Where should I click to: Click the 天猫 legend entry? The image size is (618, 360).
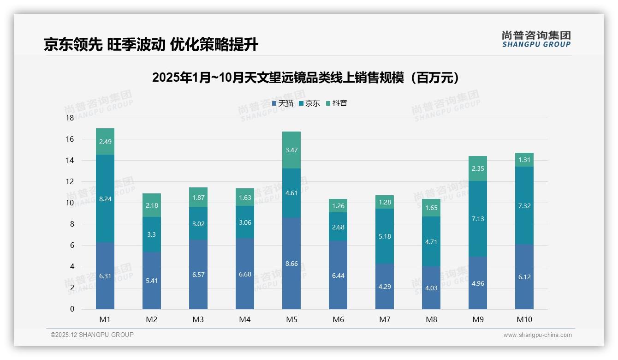pyautogui.click(x=282, y=103)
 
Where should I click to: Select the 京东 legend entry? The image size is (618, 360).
pyautogui.click(x=309, y=103)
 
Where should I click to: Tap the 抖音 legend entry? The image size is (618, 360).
pyautogui.click(x=336, y=103)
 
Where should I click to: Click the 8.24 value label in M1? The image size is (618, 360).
pyautogui.click(x=105, y=199)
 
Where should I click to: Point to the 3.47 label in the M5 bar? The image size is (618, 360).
pyautogui.click(x=291, y=150)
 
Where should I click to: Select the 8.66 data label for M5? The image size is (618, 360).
pyautogui.click(x=291, y=264)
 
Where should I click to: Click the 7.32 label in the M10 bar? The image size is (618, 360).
pyautogui.click(x=524, y=206)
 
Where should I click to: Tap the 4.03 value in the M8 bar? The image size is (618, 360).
pyautogui.click(x=431, y=288)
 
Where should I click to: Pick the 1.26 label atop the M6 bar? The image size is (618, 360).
pyautogui.click(x=338, y=206)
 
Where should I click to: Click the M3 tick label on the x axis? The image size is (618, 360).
pyautogui.click(x=198, y=319)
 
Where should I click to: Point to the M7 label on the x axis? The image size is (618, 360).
pyautogui.click(x=385, y=319)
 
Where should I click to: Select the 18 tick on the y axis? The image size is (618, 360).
pyautogui.click(x=70, y=118)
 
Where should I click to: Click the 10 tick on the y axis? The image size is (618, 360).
pyautogui.click(x=70, y=203)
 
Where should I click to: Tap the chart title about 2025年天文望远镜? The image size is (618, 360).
pyautogui.click(x=306, y=78)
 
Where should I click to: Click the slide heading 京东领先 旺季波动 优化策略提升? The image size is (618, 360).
pyautogui.click(x=151, y=44)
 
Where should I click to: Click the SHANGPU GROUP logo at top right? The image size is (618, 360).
pyautogui.click(x=536, y=39)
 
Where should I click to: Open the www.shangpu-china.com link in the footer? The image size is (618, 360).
pyautogui.click(x=537, y=335)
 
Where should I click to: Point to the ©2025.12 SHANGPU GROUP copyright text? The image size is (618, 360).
pyautogui.click(x=92, y=335)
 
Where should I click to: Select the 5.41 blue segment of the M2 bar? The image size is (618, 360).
pyautogui.click(x=152, y=280)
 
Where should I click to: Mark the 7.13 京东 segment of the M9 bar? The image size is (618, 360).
pyautogui.click(x=478, y=219)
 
